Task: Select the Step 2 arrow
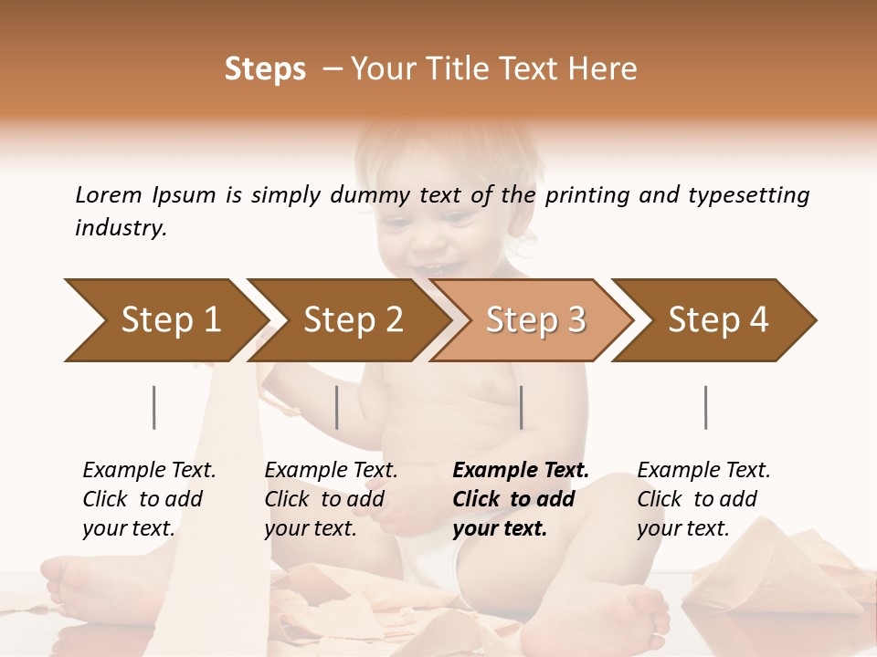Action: pyautogui.click(x=352, y=320)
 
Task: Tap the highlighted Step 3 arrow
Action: pyautogui.click(x=534, y=320)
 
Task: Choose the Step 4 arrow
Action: pyautogui.click(x=717, y=320)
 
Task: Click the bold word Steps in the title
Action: pyautogui.click(x=265, y=69)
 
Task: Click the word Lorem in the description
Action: pyautogui.click(x=109, y=194)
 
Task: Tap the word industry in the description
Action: pyautogui.click(x=120, y=228)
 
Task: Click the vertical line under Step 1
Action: pyautogui.click(x=154, y=407)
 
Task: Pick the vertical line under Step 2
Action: pyautogui.click(x=337, y=407)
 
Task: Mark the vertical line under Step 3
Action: pyautogui.click(x=521, y=407)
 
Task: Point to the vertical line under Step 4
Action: pyautogui.click(x=705, y=407)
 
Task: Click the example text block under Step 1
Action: pyautogui.click(x=149, y=499)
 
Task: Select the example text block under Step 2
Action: pyautogui.click(x=331, y=499)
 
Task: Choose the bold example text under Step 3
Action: pyautogui.click(x=521, y=499)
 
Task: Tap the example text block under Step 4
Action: pyautogui.click(x=703, y=499)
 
